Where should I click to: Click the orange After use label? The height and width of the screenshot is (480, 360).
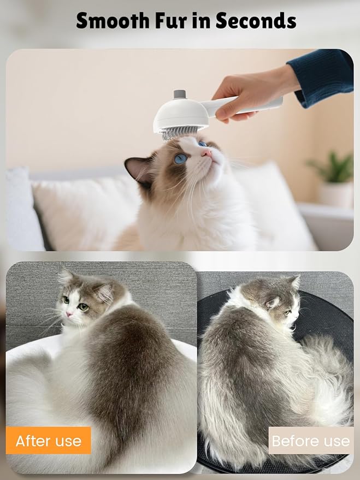pyautogui.click(x=49, y=441)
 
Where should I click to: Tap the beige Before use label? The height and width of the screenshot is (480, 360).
pyautogui.click(x=310, y=441)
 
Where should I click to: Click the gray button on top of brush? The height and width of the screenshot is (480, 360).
pyautogui.click(x=180, y=95)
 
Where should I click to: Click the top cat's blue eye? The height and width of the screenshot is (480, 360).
pyautogui.click(x=181, y=158)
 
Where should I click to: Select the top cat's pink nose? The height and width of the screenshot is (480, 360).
pyautogui.click(x=208, y=154)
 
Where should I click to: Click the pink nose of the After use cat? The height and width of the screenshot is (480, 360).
pyautogui.click(x=69, y=315)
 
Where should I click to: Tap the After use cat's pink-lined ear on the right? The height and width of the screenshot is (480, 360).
pyautogui.click(x=103, y=293)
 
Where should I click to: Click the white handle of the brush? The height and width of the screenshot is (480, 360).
pyautogui.click(x=257, y=106)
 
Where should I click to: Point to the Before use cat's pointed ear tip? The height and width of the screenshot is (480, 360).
pyautogui.click(x=296, y=279)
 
